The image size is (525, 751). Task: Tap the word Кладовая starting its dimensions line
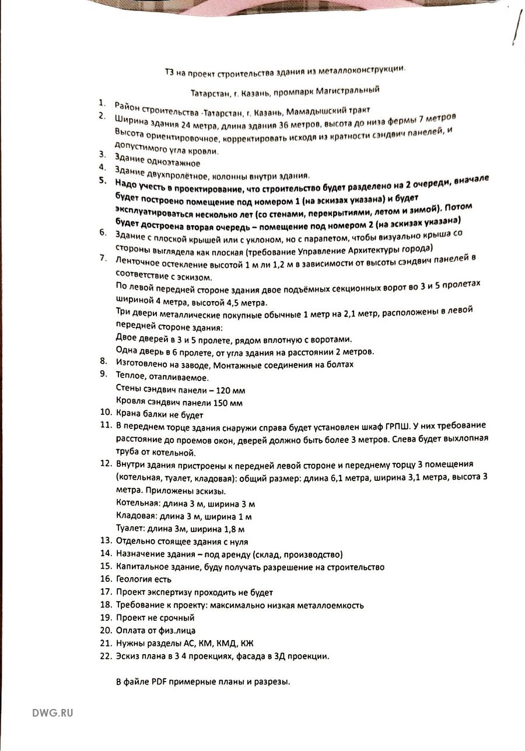click(x=136, y=516)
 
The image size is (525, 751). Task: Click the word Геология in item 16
click(x=134, y=579)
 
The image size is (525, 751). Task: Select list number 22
click(x=105, y=656)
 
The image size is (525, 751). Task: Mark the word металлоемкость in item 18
click(x=330, y=605)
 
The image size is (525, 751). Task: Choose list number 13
click(x=105, y=541)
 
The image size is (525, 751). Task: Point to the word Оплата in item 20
click(x=131, y=630)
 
